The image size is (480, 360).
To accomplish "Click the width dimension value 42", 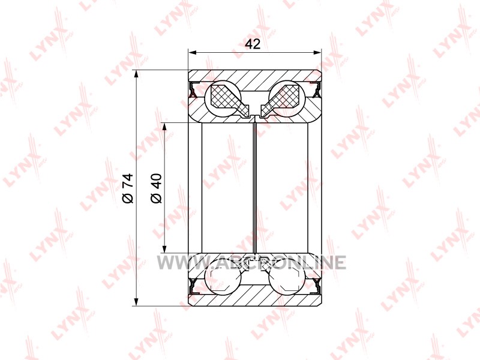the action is pos(253,44).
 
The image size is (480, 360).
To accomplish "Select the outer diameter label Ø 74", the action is pos(128,188).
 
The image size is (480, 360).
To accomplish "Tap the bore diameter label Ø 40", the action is pos(156,188).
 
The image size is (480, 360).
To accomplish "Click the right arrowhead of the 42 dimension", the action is pos(318,53).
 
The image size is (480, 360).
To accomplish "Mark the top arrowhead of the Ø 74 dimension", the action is pos(136,74).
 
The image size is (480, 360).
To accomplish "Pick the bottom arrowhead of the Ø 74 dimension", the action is pos(136,302).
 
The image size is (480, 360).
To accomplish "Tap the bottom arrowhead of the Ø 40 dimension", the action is pos(164,249).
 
